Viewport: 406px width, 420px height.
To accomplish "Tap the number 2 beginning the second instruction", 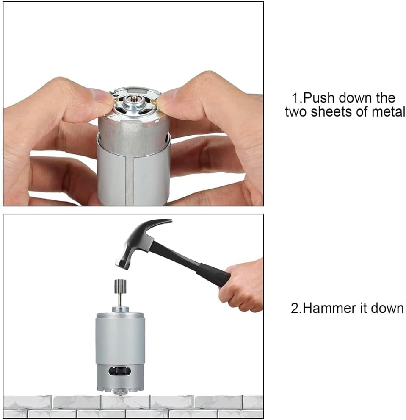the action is (x=294, y=308).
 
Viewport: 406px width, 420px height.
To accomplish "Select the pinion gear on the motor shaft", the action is (x=120, y=286).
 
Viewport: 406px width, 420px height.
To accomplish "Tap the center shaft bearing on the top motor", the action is (x=133, y=98).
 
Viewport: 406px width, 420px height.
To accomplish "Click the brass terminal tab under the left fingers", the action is (x=116, y=100).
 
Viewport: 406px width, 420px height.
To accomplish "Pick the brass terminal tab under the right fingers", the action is (x=154, y=101).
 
